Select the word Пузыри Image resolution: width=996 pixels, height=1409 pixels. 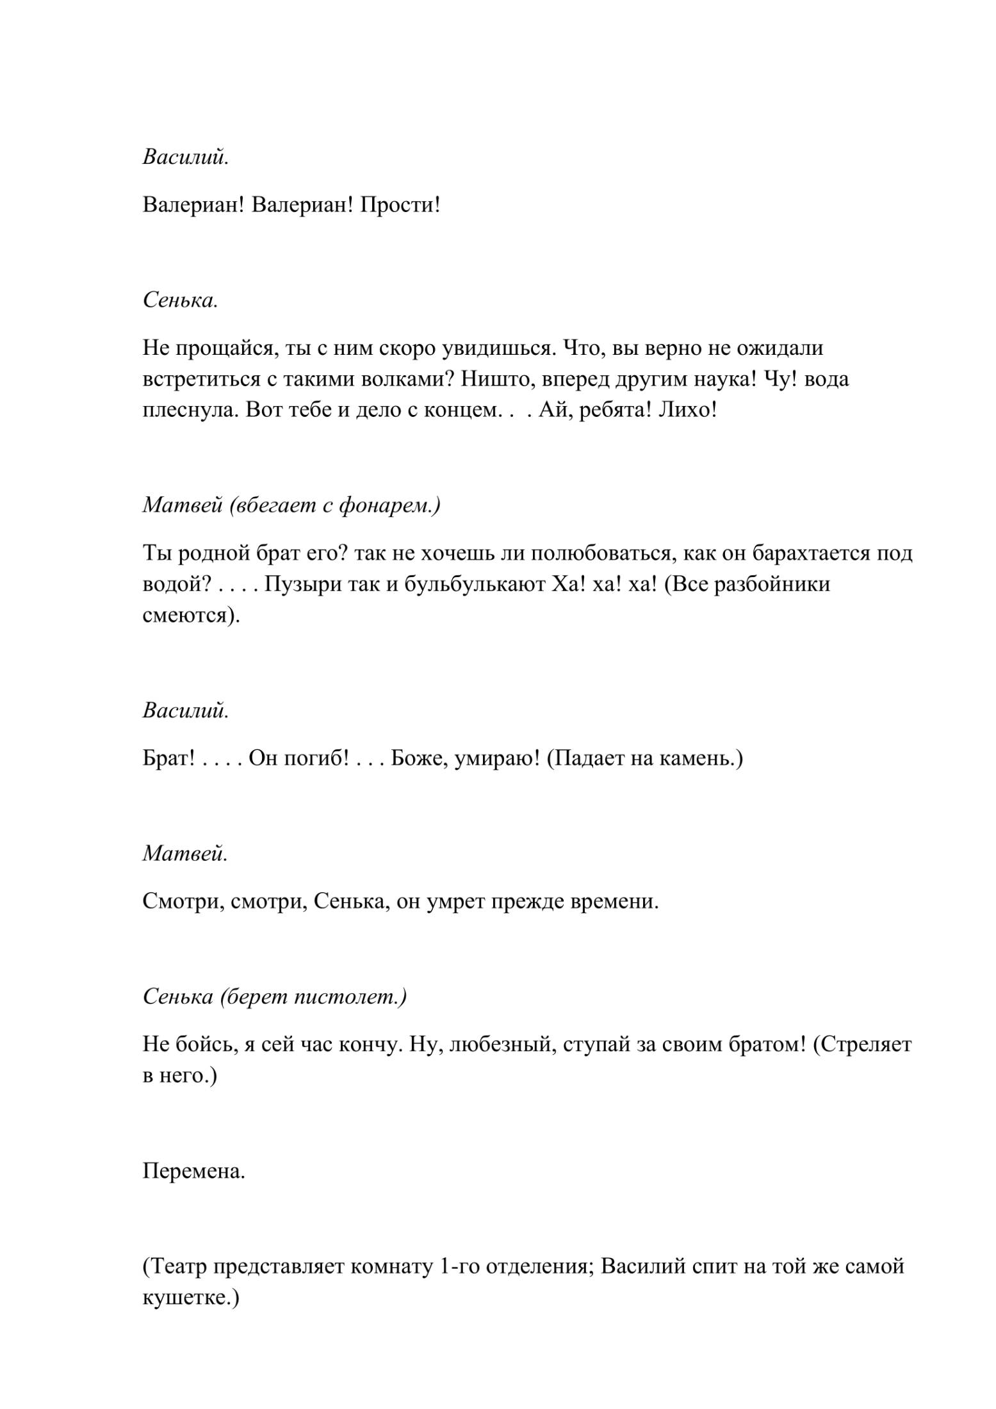pos(303,584)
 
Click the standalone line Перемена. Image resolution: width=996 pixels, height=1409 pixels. pos(194,1171)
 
